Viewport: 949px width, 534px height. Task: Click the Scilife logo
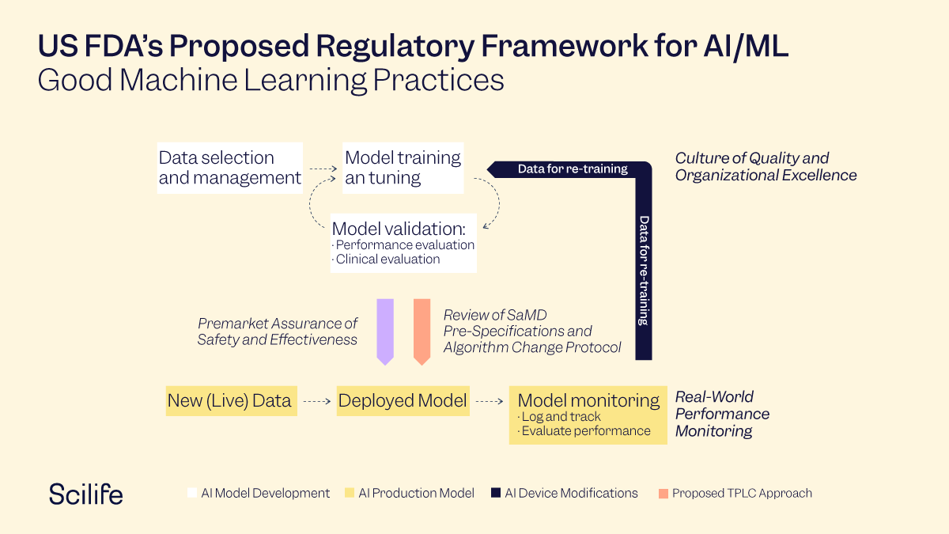click(x=85, y=493)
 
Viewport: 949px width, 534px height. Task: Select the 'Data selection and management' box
click(x=229, y=168)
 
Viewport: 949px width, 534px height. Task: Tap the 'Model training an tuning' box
click(x=403, y=168)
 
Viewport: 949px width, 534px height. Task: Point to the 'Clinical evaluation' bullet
click(x=388, y=259)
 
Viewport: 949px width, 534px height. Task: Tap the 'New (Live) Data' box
click(x=229, y=400)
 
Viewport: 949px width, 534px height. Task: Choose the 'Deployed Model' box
click(x=403, y=400)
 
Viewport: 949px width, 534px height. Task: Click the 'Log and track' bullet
click(x=560, y=417)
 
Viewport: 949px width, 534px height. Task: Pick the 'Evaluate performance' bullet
click(x=585, y=431)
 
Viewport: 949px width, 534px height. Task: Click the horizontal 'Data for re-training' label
click(x=573, y=169)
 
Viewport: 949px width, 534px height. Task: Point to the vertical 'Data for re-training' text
click(x=644, y=270)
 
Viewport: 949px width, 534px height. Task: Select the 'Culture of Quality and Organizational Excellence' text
click(x=765, y=167)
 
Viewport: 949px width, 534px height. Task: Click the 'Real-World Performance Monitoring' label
click(x=721, y=414)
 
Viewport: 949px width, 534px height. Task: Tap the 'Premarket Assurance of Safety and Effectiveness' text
click(x=278, y=331)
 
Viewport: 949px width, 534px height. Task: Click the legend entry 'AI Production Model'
click(x=416, y=493)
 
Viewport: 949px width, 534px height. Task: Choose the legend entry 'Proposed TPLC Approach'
click(x=741, y=493)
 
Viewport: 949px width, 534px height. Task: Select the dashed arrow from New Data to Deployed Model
click(x=316, y=401)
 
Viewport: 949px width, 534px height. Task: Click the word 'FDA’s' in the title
click(x=123, y=47)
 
